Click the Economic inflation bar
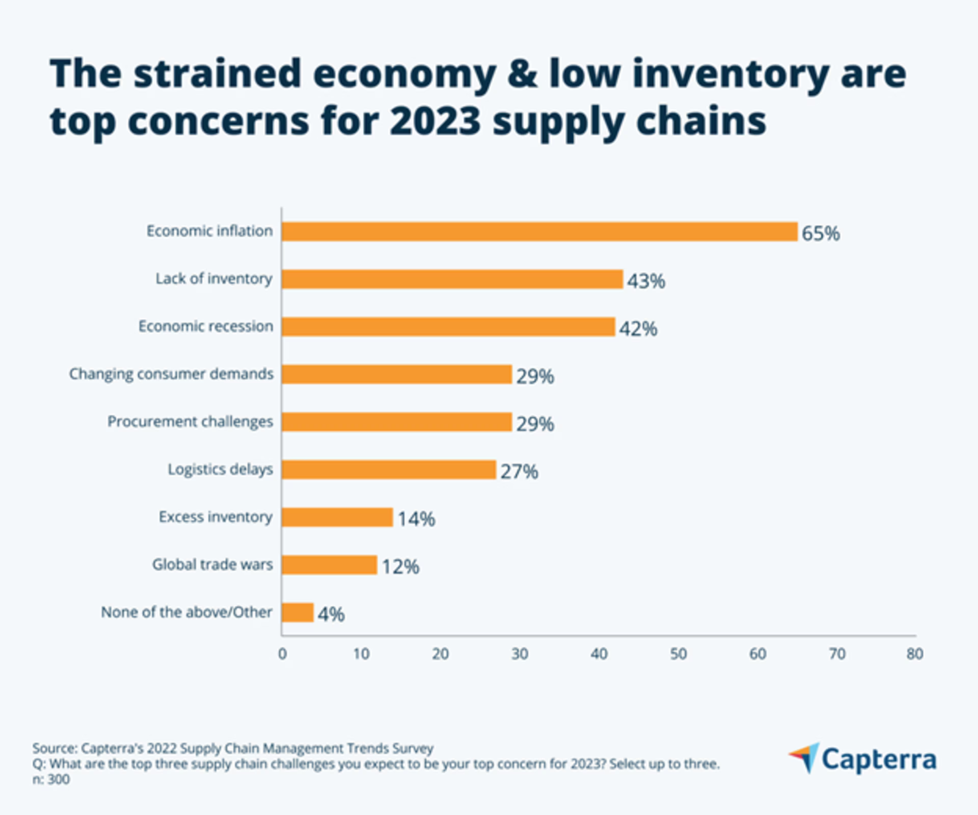pyautogui.click(x=539, y=232)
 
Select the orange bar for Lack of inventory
pyautogui.click(x=452, y=279)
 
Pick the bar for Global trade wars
pyautogui.click(x=329, y=565)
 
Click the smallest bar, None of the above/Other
pyautogui.click(x=297, y=613)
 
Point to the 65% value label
pyautogui.click(x=821, y=233)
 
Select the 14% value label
pyautogui.click(x=416, y=519)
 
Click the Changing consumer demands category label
pyautogui.click(x=171, y=374)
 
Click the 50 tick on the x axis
pyautogui.click(x=678, y=654)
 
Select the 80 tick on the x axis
pyautogui.click(x=914, y=654)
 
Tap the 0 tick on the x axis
pyautogui.click(x=282, y=654)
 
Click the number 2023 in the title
pyautogui.click(x=434, y=121)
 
